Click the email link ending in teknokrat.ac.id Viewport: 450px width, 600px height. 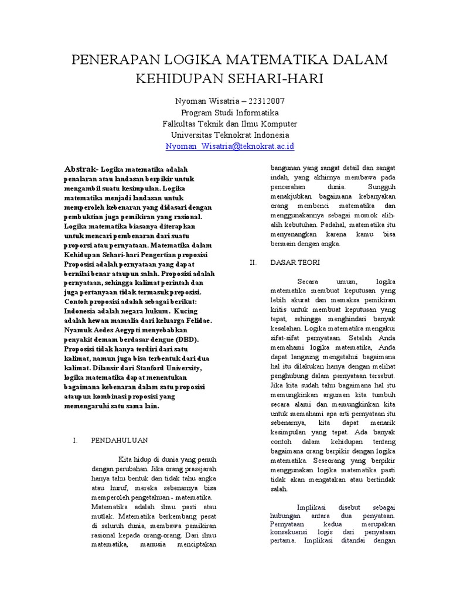point(230,146)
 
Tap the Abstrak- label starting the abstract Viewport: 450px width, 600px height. point(81,169)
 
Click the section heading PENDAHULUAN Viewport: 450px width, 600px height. point(119,440)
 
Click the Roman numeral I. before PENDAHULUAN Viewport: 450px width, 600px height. point(74,440)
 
